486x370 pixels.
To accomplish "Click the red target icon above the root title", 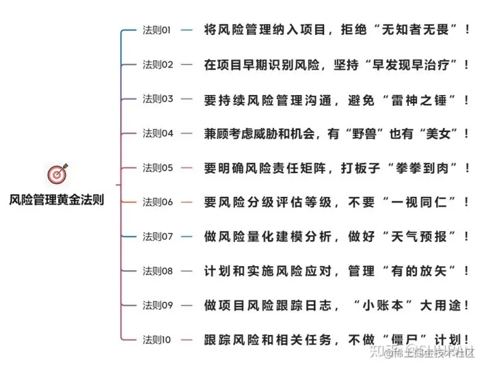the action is tap(56, 174).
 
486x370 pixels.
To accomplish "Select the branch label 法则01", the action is tap(157, 30).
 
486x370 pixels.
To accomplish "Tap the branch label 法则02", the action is tap(157, 65).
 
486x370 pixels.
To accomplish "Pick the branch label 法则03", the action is tap(157, 99).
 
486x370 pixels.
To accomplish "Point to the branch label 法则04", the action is tap(157, 133).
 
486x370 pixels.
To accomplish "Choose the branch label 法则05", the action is tap(157, 168).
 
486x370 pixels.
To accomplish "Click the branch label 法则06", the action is tap(157, 202).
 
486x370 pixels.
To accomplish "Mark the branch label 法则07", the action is tap(157, 237).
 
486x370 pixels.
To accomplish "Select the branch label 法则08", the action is tap(157, 271).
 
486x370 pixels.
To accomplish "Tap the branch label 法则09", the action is tap(157, 305).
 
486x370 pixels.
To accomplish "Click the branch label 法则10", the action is tap(157, 340).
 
